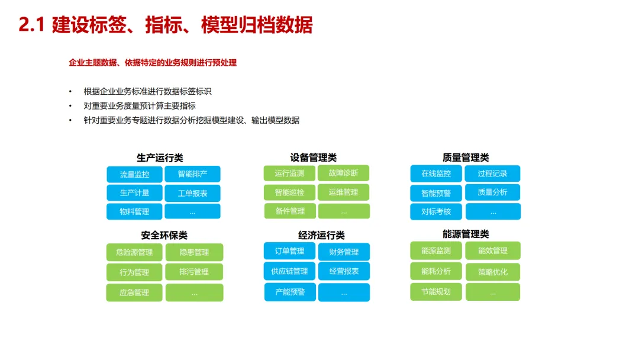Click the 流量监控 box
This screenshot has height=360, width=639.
point(134,174)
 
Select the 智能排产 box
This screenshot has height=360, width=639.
point(192,174)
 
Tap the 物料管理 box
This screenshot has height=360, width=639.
point(134,211)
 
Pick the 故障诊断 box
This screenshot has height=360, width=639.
point(344,173)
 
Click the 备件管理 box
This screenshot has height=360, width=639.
point(290,211)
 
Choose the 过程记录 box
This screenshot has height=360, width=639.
point(493,173)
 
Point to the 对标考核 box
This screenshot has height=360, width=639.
point(436,211)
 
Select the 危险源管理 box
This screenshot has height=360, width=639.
point(134,252)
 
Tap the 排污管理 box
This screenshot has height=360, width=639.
point(195,272)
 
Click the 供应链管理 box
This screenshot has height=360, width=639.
point(289,271)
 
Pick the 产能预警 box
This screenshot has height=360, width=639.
point(290,292)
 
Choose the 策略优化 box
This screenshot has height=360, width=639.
point(493,272)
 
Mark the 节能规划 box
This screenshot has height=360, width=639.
point(436,291)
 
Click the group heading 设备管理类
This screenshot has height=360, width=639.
point(314,157)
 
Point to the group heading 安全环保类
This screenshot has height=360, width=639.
point(164,236)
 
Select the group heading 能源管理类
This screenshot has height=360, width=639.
point(466,234)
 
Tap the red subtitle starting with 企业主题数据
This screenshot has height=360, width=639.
point(153,62)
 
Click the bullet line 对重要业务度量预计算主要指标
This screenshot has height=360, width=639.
point(140,106)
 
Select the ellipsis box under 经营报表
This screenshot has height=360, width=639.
point(344,292)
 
